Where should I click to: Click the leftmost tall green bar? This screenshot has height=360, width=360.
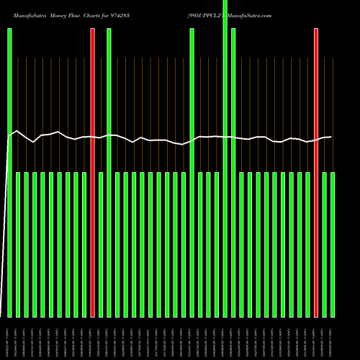(9, 173)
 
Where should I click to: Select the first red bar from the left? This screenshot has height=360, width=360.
(92, 173)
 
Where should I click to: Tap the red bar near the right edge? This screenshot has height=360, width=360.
(316, 173)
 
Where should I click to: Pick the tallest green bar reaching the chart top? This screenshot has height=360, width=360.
(225, 158)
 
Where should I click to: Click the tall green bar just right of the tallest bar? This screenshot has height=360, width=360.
(233, 173)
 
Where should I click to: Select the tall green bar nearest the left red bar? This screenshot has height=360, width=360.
(109, 173)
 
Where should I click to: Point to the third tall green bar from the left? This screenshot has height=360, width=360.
(192, 173)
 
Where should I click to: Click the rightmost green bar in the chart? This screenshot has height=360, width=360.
(333, 245)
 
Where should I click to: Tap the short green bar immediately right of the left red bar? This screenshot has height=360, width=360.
(101, 245)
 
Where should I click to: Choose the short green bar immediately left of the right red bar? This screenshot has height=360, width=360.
(307, 245)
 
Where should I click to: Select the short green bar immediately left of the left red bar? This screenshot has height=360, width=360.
(84, 245)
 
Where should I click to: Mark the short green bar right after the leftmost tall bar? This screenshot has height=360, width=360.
(18, 245)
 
